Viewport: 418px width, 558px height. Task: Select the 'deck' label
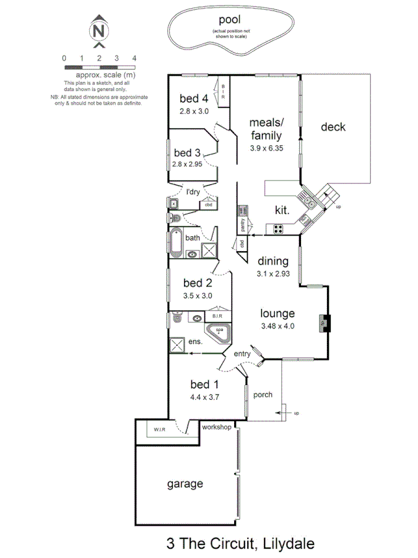[333, 127]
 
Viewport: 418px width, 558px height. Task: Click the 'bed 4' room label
[194, 98]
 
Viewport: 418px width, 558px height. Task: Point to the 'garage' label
[185, 484]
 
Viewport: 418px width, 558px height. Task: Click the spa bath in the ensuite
[219, 333]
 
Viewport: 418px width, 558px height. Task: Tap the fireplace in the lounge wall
[324, 323]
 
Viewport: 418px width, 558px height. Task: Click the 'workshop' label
[216, 427]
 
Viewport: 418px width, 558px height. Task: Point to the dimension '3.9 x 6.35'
[266, 148]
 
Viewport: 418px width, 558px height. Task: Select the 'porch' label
[263, 394]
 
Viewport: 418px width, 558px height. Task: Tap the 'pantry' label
[243, 224]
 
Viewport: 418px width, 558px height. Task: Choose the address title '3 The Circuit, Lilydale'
[240, 544]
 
